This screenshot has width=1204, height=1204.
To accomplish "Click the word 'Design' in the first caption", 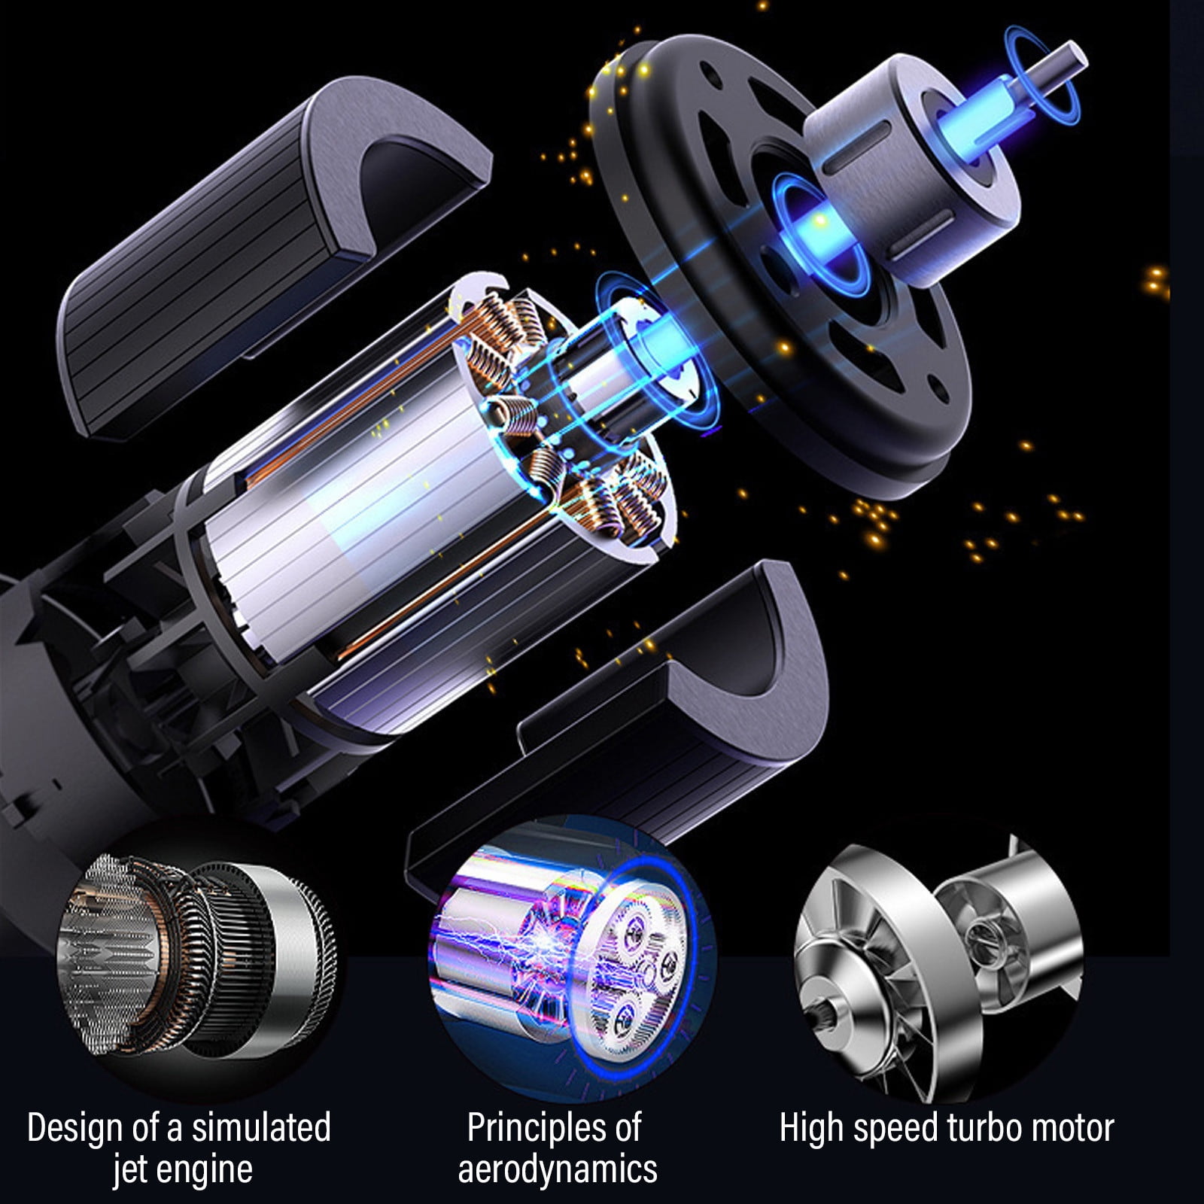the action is click(x=75, y=1128).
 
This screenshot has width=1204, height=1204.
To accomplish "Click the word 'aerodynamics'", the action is click(x=558, y=1170).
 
